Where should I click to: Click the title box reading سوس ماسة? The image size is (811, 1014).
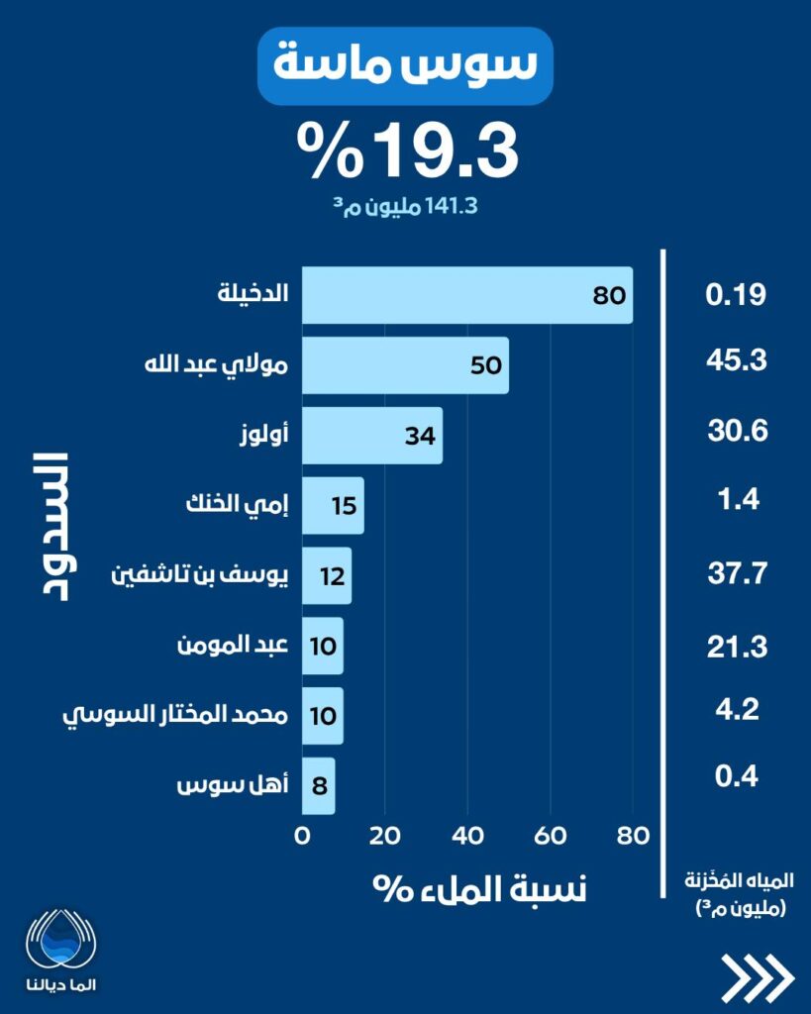tap(405, 65)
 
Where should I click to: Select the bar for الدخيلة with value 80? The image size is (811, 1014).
tap(466, 295)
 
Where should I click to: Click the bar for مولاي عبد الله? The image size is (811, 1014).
tap(404, 365)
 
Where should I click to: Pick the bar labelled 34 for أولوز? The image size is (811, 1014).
tap(371, 435)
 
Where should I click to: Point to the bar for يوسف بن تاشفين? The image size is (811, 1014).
tap(326, 575)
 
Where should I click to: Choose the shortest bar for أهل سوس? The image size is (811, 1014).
tap(318, 786)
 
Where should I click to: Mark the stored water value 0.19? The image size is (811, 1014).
tap(736, 295)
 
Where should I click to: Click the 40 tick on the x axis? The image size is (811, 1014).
tap(467, 836)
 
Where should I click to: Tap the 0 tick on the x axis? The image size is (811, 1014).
tap(302, 836)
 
